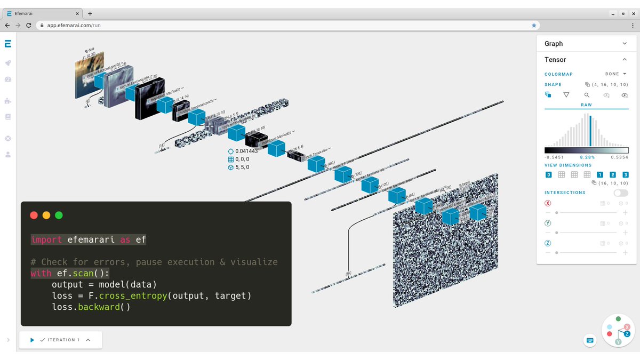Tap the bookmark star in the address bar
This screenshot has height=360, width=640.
click(534, 25)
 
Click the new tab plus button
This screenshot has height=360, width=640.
click(90, 13)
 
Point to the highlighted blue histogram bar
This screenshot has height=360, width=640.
click(590, 131)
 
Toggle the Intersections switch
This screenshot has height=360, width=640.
click(621, 193)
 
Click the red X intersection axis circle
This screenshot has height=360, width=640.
click(548, 203)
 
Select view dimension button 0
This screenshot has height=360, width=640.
click(549, 175)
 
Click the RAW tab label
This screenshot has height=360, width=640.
click(586, 105)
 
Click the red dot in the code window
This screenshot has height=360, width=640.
click(34, 215)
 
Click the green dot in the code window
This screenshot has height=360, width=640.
click(59, 215)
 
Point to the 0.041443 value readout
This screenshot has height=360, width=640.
click(246, 151)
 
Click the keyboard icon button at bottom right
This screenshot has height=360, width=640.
click(590, 340)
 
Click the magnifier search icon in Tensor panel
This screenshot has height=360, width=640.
click(587, 95)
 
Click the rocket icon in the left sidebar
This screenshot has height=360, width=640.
click(7, 63)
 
